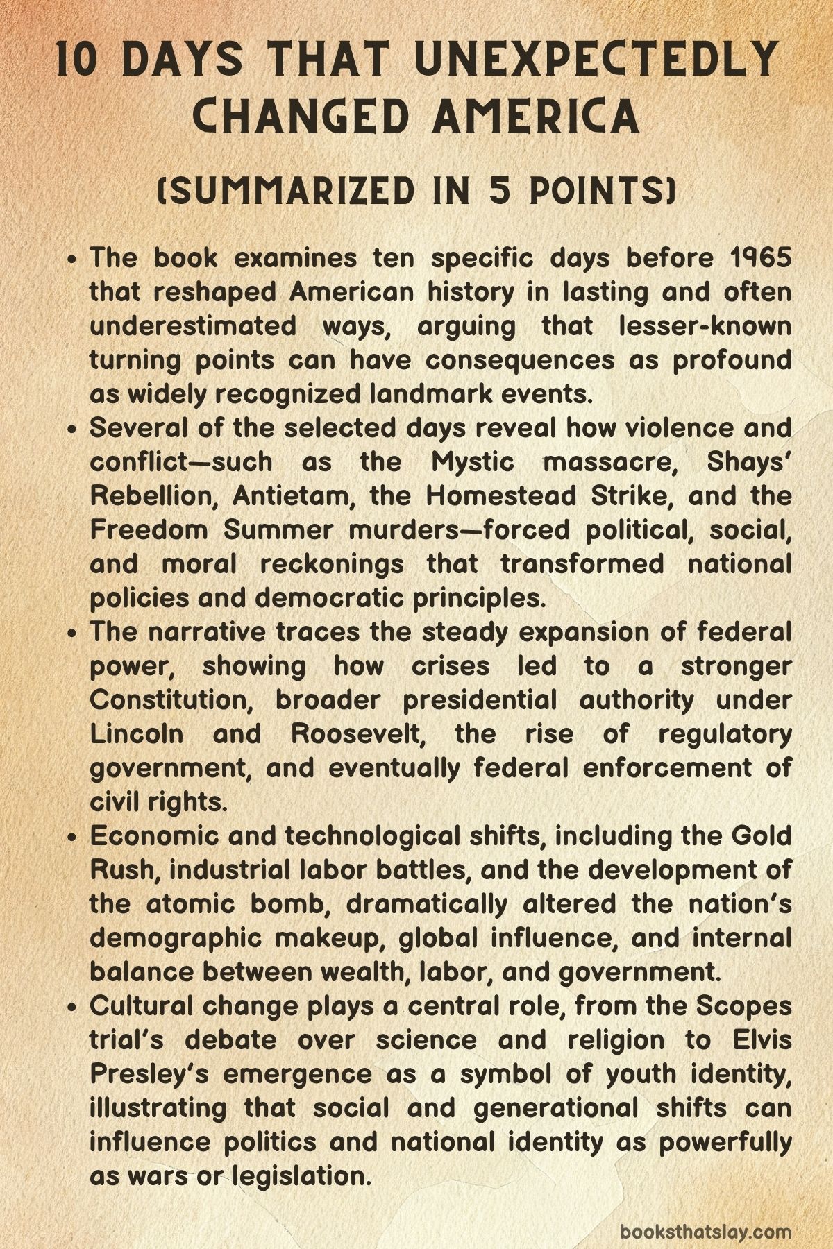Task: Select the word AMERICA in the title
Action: coord(535,116)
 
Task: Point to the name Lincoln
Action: coord(137,733)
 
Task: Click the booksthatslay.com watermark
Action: coord(705,1212)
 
